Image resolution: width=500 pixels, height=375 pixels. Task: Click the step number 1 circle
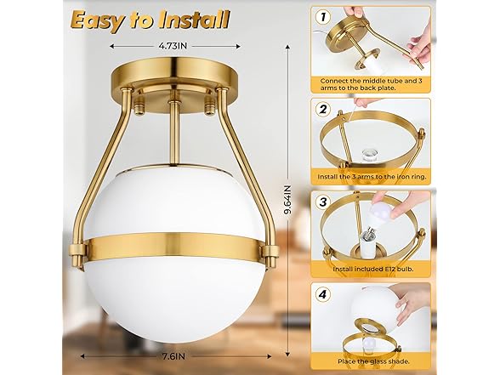322,16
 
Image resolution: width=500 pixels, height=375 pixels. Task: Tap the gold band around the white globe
172,250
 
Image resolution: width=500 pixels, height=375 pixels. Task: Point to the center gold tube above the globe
173,136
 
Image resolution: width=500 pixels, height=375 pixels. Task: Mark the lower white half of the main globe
172,302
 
